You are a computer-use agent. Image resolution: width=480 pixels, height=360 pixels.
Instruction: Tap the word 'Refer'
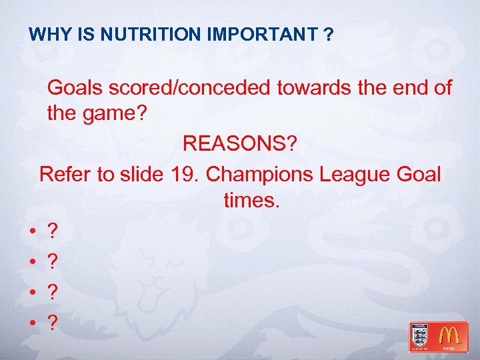[65, 174]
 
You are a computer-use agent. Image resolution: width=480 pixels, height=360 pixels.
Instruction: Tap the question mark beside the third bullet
[53, 291]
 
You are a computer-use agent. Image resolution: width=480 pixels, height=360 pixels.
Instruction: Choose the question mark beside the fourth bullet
[53, 323]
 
